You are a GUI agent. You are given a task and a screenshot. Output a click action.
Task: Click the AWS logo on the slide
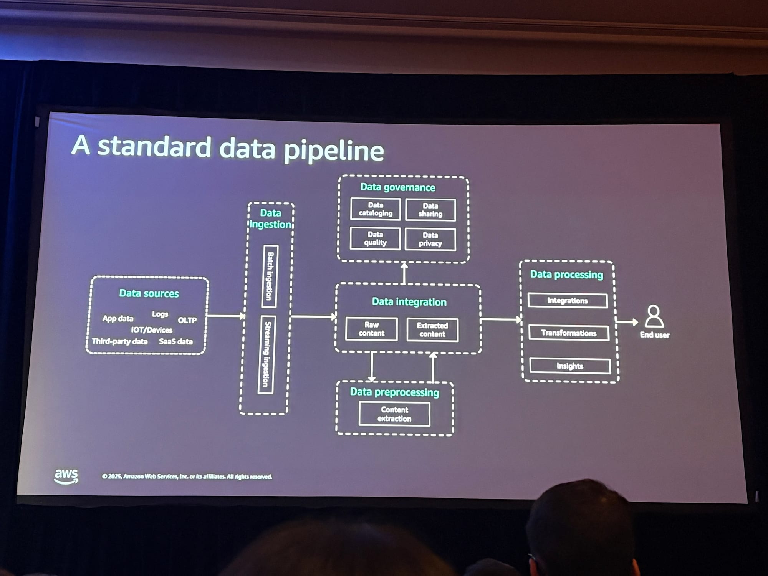(66, 476)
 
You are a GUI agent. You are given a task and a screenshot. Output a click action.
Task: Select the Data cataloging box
(376, 209)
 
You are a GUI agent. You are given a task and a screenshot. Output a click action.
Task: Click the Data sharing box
(430, 210)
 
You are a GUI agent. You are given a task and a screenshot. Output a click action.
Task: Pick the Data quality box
(375, 238)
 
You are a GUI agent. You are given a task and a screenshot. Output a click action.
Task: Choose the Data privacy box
(430, 239)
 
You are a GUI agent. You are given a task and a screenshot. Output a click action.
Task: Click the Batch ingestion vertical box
(270, 276)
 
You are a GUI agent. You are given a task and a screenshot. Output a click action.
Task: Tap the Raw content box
(371, 329)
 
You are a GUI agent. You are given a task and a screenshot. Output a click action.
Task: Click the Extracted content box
(432, 330)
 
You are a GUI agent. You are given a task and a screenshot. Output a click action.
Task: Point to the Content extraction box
(394, 414)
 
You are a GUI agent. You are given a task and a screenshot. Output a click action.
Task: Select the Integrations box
(568, 301)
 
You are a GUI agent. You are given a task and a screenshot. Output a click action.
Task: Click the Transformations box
(569, 333)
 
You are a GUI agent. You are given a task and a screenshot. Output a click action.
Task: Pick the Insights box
(570, 366)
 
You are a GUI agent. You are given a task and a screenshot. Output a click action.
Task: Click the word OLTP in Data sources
(187, 320)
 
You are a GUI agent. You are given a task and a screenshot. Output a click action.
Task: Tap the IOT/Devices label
(152, 330)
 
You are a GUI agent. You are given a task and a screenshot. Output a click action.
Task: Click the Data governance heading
(397, 187)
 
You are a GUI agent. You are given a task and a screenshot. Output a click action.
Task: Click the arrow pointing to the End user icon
(627, 322)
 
